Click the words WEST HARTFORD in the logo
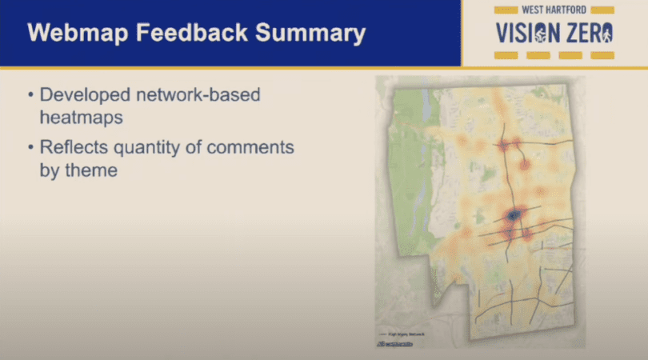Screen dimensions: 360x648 click(x=554, y=10)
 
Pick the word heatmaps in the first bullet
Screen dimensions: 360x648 click(x=79, y=117)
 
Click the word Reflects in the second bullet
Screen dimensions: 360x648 click(x=71, y=148)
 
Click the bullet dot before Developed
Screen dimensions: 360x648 click(x=30, y=95)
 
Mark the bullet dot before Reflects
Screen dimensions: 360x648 click(x=30, y=148)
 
